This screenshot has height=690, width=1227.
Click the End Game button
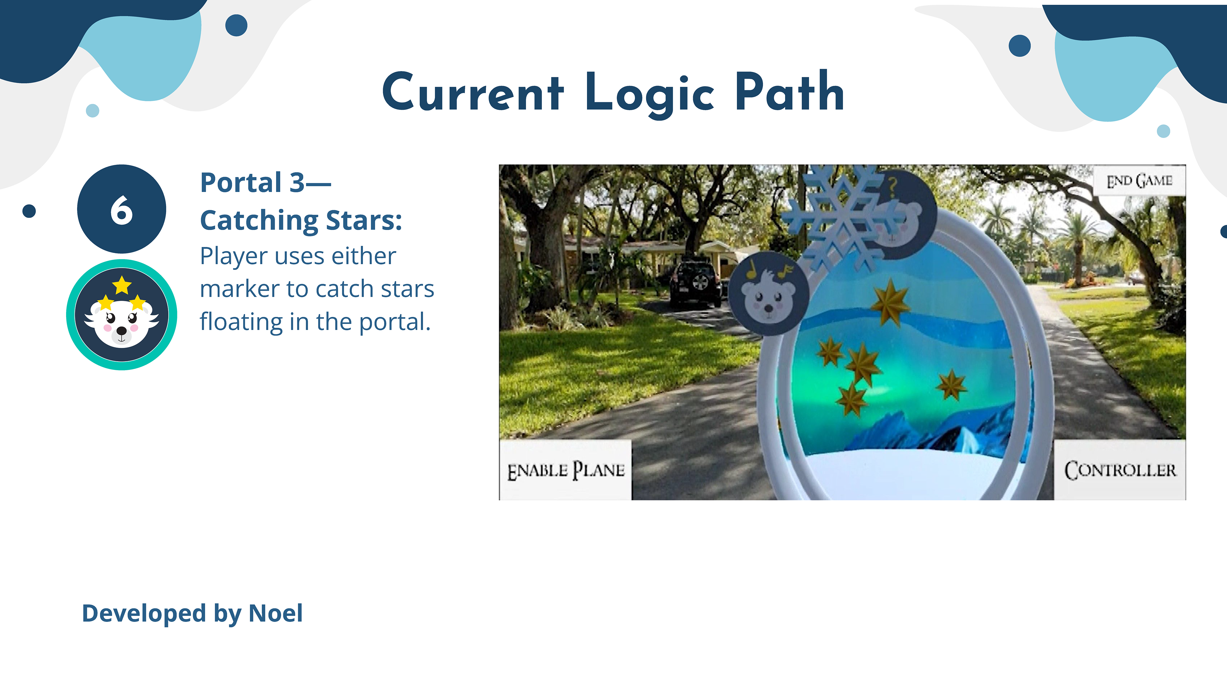tap(1139, 180)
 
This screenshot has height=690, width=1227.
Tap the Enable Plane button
tap(565, 470)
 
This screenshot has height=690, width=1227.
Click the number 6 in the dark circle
tap(121, 210)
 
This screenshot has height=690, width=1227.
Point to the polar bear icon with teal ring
tap(121, 315)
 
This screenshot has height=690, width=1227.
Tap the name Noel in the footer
tap(276, 613)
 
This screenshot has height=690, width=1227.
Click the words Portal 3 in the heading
tap(252, 182)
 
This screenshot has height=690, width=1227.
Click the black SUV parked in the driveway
tap(695, 283)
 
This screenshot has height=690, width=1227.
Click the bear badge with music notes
tap(768, 294)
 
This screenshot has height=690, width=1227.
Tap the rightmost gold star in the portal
tap(952, 385)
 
